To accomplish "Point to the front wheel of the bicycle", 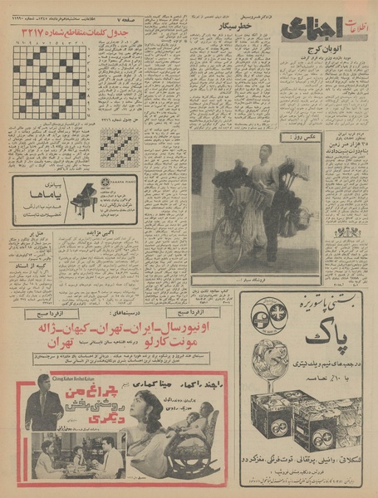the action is click(x=227, y=243).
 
